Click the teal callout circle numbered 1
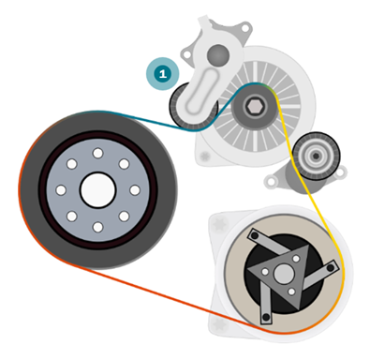tap(163, 74)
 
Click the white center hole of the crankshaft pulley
tap(98, 190)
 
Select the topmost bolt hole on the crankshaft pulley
tap(98, 153)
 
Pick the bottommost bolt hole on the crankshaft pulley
tap(98, 227)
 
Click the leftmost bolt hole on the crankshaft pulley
tap(61, 190)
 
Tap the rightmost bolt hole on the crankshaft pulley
tap(135, 190)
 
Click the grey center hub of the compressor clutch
tap(284, 274)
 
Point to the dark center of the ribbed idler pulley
tap(316, 156)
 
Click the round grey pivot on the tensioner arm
tap(218, 55)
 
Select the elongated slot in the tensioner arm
tap(200, 92)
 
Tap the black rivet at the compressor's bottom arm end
tap(266, 317)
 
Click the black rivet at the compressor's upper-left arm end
tap(255, 234)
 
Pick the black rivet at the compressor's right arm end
tap(331, 267)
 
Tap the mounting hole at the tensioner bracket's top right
tap(246, 28)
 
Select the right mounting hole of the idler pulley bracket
tap(340, 172)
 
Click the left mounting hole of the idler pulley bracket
tap(270, 180)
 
